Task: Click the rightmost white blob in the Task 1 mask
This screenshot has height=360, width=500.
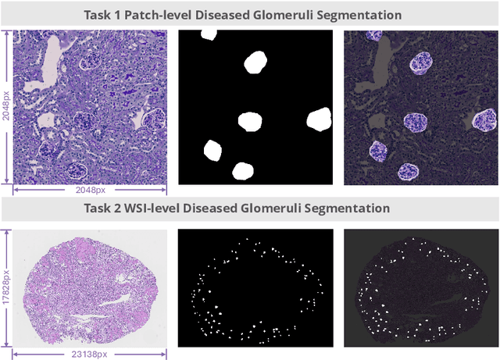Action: coord(320,119)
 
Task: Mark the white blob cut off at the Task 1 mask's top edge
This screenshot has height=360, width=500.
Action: coord(209,34)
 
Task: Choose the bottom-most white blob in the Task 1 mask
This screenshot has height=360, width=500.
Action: coord(244,172)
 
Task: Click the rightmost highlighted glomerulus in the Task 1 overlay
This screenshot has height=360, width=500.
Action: coord(484,119)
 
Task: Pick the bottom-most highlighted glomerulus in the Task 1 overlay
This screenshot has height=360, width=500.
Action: coord(409,171)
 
